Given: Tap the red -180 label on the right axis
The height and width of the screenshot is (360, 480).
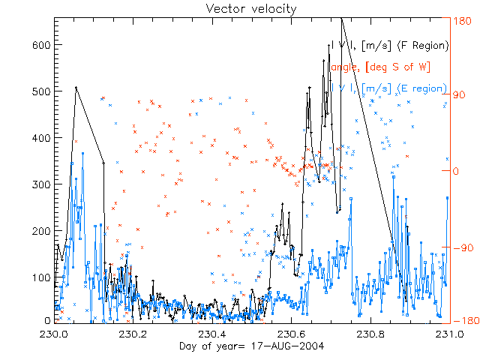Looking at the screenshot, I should [x=465, y=320].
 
